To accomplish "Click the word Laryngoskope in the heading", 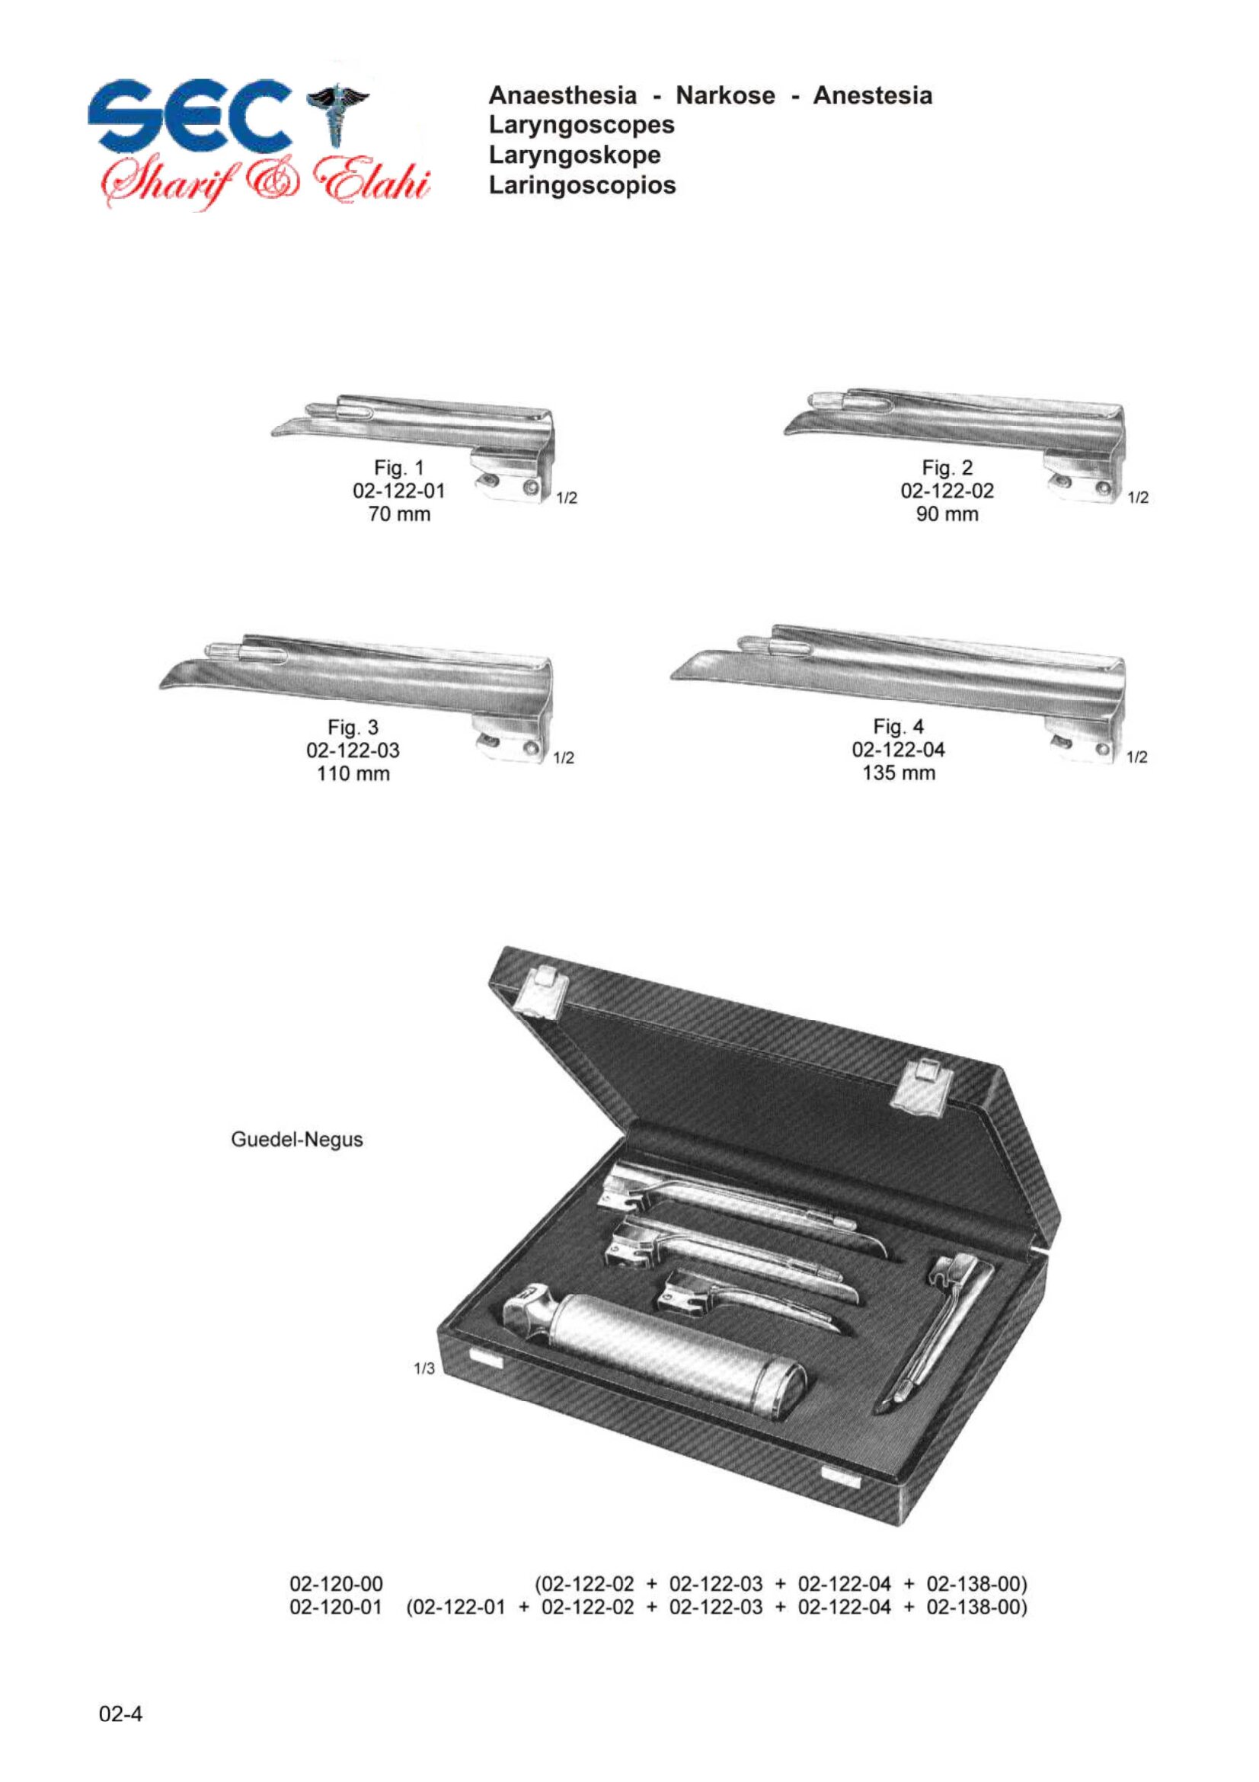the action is point(575,155).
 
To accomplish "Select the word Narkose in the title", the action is point(725,95).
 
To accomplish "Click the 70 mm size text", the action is point(400,513).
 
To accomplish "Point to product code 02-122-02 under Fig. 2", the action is point(947,491).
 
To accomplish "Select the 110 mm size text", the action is point(353,774).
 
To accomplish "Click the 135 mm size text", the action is point(899,773).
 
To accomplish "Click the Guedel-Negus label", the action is point(297,1141).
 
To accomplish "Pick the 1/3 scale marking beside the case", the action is point(425,1369).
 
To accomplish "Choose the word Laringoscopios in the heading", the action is point(583,184).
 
